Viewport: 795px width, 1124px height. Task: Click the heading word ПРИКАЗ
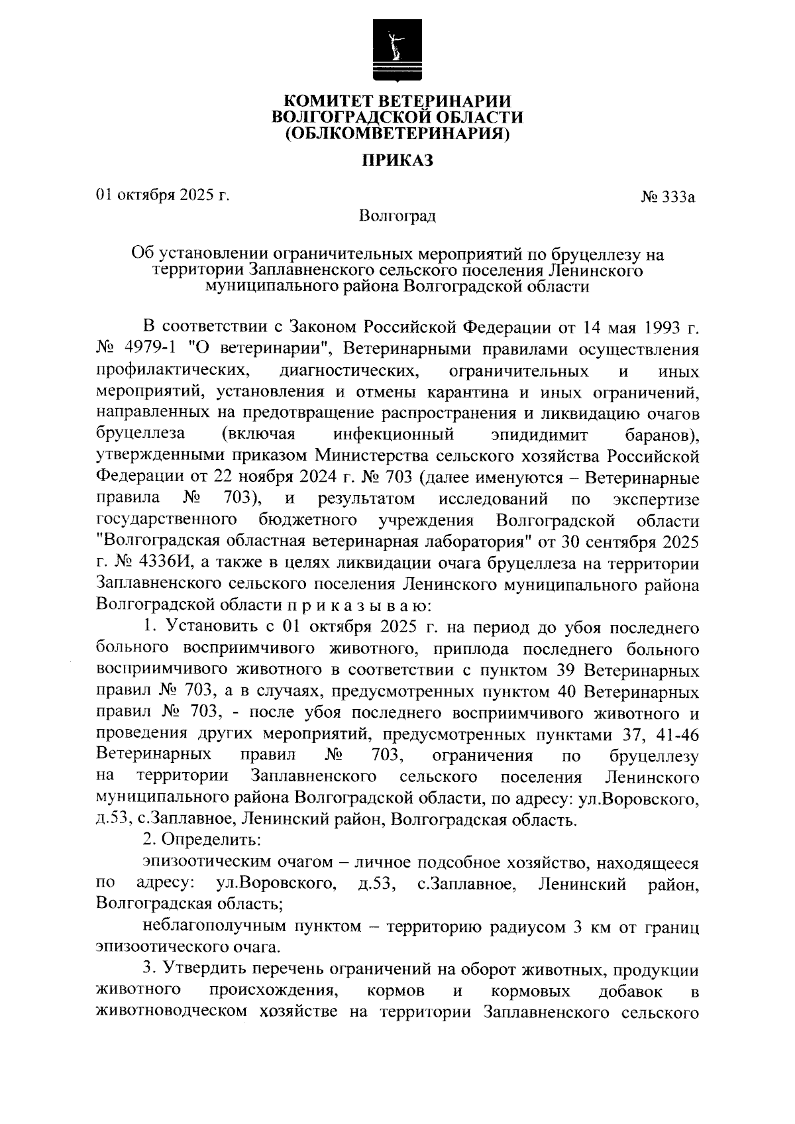pyautogui.click(x=397, y=160)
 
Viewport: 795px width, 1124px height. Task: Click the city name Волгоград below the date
pyautogui.click(x=397, y=215)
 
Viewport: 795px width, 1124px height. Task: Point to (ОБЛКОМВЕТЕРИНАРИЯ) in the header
pyautogui.click(x=397, y=134)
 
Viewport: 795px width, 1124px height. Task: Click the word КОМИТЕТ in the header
pyautogui.click(x=329, y=101)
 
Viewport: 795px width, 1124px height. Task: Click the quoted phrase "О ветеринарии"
pyautogui.click(x=274, y=348)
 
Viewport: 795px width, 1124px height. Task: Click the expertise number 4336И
pyautogui.click(x=163, y=563)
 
